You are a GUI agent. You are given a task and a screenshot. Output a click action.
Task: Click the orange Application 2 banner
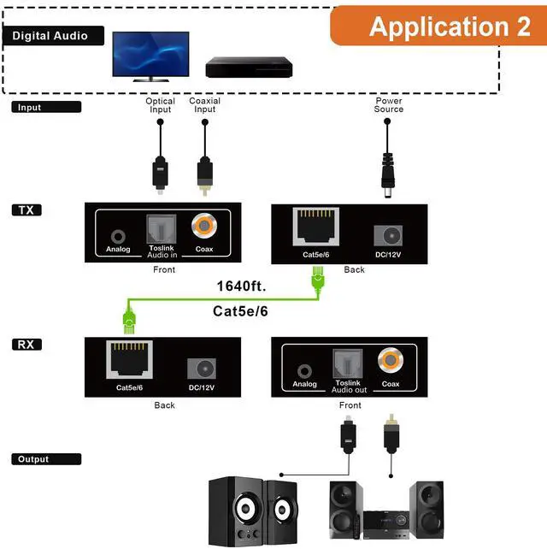click(438, 26)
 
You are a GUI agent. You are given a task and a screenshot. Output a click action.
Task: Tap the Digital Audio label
click(53, 36)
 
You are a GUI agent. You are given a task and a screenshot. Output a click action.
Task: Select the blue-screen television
click(150, 56)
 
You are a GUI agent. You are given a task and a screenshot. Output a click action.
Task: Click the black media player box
click(249, 67)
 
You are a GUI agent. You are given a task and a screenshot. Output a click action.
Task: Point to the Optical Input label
click(161, 105)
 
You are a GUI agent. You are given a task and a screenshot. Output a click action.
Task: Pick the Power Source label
click(389, 104)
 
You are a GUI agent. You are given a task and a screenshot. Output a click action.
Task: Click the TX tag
click(26, 210)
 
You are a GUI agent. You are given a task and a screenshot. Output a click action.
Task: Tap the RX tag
click(26, 345)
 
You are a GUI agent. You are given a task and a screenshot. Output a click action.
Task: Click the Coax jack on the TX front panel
click(204, 226)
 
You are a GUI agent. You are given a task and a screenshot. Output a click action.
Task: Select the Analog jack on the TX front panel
click(118, 237)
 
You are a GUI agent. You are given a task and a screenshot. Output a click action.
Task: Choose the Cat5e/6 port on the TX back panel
click(316, 227)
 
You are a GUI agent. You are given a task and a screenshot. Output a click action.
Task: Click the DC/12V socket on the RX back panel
click(202, 369)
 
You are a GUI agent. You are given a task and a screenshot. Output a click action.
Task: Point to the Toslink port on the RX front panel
click(348, 363)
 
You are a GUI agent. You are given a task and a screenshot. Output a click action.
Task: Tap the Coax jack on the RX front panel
click(391, 360)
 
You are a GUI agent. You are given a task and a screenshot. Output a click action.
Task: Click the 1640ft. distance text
click(242, 286)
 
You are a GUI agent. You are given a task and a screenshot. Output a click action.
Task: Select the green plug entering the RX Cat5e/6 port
click(129, 320)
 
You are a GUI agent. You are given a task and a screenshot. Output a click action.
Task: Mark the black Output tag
click(46, 459)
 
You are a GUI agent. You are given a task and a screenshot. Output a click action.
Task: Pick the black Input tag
click(46, 107)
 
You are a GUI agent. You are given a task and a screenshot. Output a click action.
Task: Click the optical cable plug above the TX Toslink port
click(160, 175)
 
